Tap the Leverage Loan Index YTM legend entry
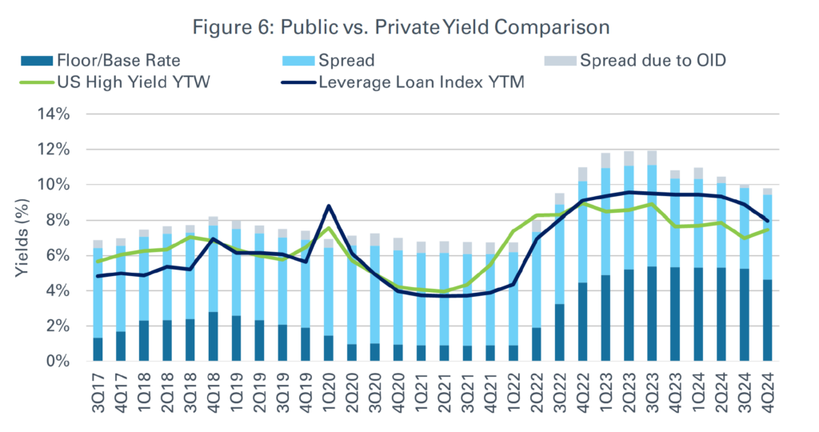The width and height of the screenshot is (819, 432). click(420, 81)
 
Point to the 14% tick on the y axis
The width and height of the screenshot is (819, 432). click(58, 114)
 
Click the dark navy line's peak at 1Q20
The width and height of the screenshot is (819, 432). click(329, 206)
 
